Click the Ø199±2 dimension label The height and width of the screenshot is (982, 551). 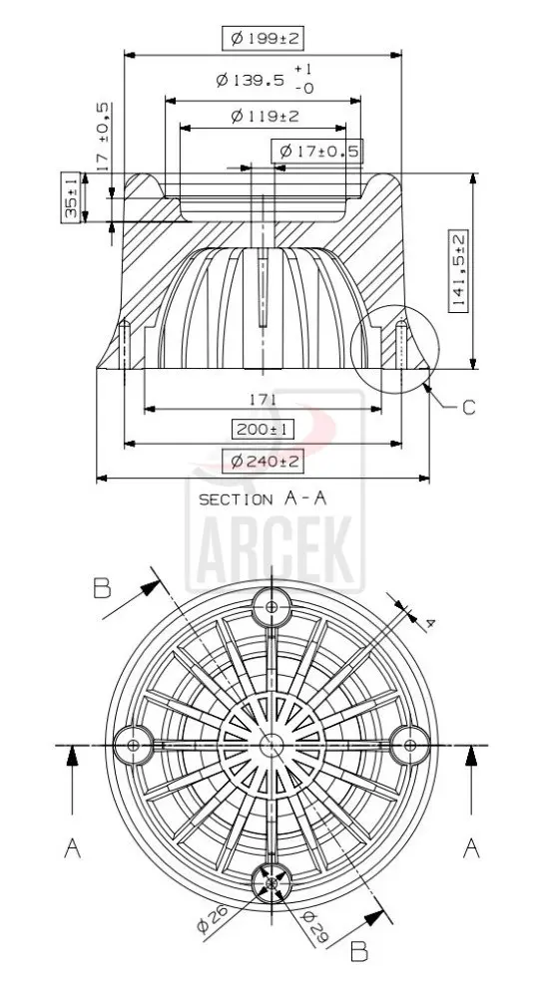tap(264, 39)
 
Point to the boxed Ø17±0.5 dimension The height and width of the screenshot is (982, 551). tap(316, 152)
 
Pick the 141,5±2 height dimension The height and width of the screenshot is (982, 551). tap(458, 272)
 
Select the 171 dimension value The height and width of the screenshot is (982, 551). tap(264, 398)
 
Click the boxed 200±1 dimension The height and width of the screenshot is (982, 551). tap(262, 430)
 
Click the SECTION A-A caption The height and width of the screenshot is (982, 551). tap(264, 498)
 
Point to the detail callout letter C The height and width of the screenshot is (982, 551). tap(469, 407)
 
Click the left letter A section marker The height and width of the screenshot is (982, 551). tap(72, 847)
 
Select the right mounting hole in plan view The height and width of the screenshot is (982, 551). tap(410, 743)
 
